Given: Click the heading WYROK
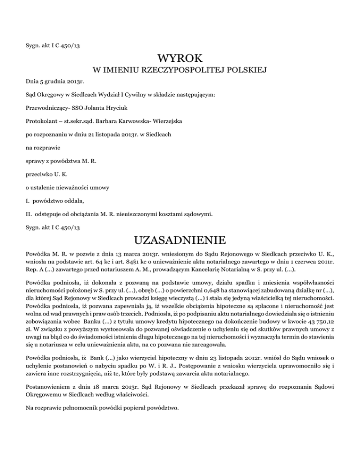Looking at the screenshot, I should click(180, 59).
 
